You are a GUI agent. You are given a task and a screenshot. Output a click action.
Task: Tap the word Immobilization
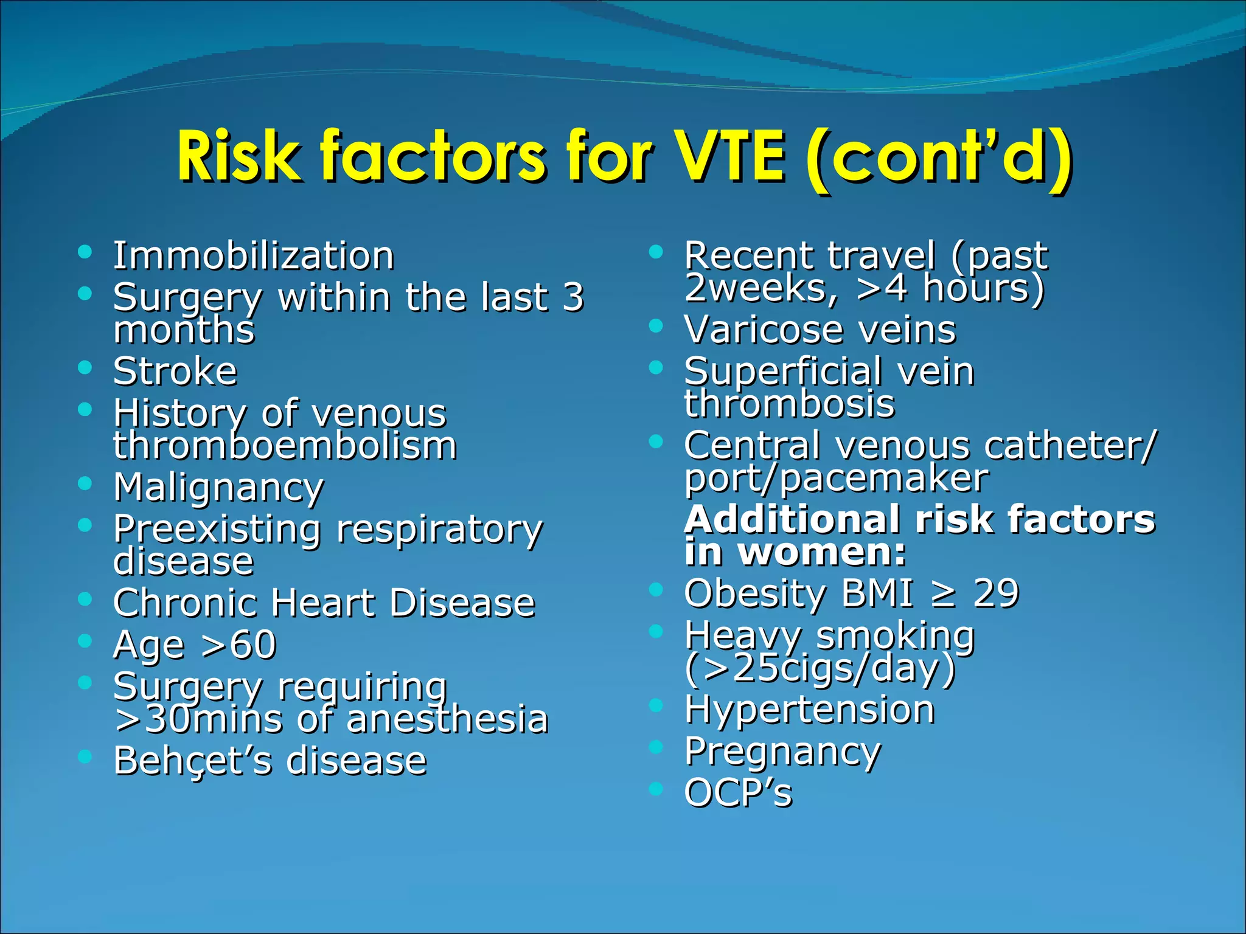(x=254, y=255)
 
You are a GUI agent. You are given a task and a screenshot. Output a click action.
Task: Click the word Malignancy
(x=218, y=488)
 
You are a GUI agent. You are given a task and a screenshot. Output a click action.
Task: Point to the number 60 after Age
(x=254, y=645)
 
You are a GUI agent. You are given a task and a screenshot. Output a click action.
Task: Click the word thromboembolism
(x=285, y=446)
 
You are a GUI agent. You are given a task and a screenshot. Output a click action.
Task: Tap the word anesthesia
(x=447, y=719)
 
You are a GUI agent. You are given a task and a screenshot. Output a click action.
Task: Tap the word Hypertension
(x=809, y=710)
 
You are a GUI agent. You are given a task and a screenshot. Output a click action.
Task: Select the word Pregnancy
(x=782, y=752)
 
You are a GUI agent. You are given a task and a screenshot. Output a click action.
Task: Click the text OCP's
(x=738, y=794)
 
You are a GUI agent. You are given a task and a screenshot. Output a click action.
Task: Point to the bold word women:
(x=822, y=552)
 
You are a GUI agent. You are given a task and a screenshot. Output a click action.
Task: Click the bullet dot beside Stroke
(x=85, y=367)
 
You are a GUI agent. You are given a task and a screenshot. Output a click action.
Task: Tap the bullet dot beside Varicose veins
(x=655, y=326)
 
